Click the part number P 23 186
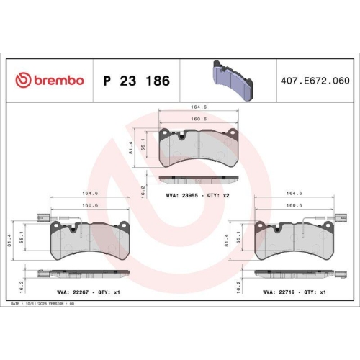click(x=137, y=81)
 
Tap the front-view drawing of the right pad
click(x=296, y=240)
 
